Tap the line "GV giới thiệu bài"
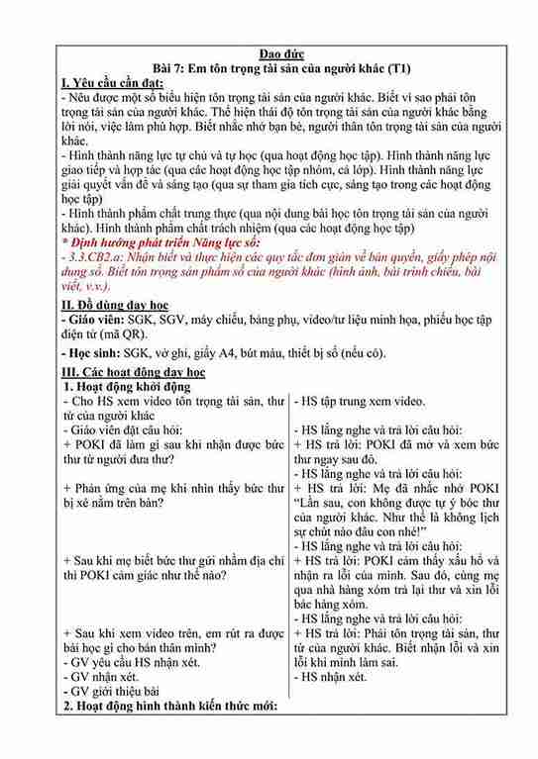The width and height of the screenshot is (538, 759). (x=115, y=692)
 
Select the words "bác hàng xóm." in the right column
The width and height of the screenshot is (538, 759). (x=336, y=600)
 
